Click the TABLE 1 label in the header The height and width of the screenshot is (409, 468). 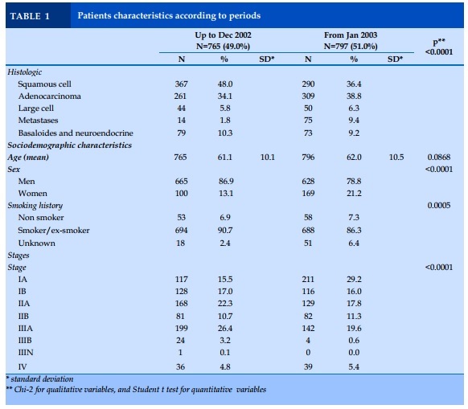click(x=30, y=16)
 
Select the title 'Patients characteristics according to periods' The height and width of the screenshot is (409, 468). click(x=169, y=15)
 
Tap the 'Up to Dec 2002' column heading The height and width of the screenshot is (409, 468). click(x=223, y=35)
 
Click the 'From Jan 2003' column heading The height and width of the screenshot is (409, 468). click(x=351, y=35)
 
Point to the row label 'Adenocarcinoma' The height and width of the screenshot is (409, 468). click(x=50, y=96)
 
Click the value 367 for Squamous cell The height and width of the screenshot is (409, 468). click(x=181, y=84)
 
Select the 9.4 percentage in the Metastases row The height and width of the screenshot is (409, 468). click(x=353, y=121)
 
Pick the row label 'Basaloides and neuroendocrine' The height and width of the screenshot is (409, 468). click(x=76, y=133)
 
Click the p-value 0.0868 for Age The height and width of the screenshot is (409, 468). click(x=439, y=157)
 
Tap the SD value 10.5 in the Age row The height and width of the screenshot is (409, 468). click(x=396, y=157)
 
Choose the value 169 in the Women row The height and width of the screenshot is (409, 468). click(x=308, y=194)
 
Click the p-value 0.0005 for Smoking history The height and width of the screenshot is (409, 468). click(x=439, y=205)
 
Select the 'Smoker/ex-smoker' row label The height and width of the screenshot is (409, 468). click(x=54, y=231)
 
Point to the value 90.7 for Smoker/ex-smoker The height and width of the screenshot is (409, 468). click(x=225, y=231)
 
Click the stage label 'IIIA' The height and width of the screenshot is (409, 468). click(x=26, y=328)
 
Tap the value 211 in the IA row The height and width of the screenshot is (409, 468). click(x=308, y=280)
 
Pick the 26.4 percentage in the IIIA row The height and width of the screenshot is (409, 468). click(x=225, y=328)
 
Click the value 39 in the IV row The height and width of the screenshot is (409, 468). click(x=308, y=366)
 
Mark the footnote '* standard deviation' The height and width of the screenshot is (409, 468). click(x=39, y=379)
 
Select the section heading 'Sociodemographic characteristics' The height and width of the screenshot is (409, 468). click(x=69, y=145)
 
